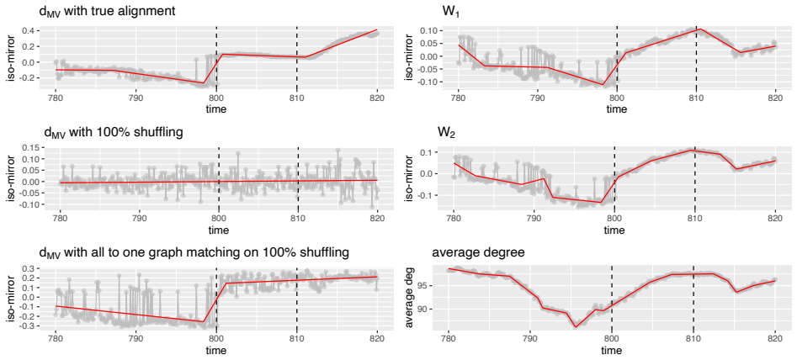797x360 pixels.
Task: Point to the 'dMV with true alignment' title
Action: (107, 11)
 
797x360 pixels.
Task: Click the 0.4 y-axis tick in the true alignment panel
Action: (29, 31)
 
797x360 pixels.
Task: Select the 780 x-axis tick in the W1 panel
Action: (459, 98)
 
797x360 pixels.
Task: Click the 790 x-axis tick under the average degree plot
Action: (529, 340)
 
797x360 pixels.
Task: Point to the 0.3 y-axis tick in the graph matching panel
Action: (29, 268)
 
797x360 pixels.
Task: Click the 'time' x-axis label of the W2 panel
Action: (614, 230)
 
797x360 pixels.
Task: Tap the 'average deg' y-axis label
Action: (410, 297)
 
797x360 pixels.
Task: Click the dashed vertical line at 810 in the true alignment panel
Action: (297, 57)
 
